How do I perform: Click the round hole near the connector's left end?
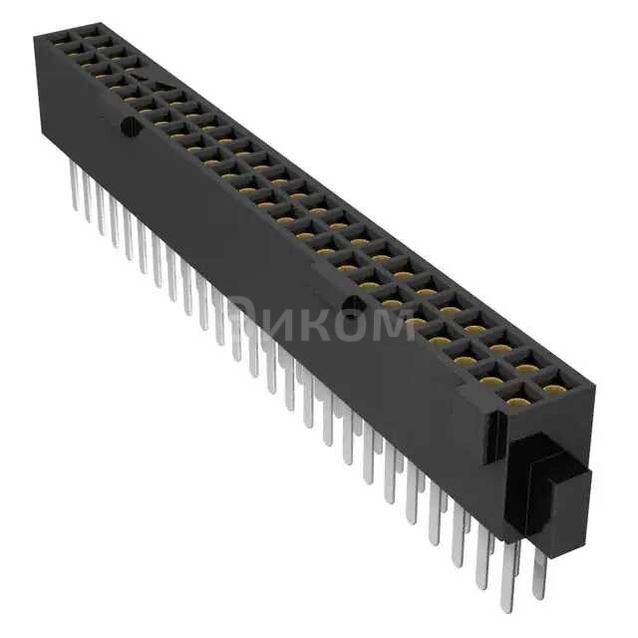click(x=127, y=127)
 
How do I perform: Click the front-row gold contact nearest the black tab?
click(x=518, y=402)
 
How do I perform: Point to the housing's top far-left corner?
click(x=37, y=36)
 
